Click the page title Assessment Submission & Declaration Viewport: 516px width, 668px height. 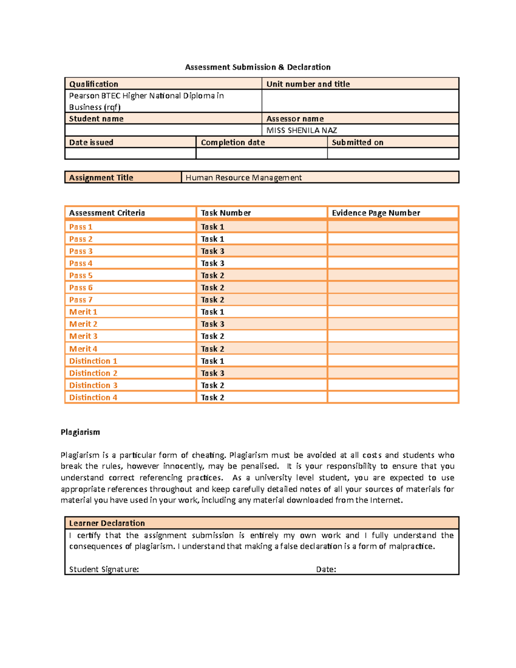click(x=258, y=67)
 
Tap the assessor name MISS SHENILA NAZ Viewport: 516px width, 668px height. click(x=301, y=130)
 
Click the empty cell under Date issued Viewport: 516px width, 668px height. click(x=130, y=154)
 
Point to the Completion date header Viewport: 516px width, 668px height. click(x=233, y=142)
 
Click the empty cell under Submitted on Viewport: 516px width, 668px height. click(x=393, y=154)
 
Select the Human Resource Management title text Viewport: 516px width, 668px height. click(x=243, y=178)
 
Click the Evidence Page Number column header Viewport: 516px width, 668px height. click(x=376, y=213)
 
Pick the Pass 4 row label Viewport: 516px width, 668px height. click(x=81, y=263)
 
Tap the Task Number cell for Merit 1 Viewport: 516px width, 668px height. click(x=212, y=312)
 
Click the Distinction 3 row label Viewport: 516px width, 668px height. click(x=93, y=385)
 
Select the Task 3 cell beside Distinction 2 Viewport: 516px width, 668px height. click(x=212, y=373)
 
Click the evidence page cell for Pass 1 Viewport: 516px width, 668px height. click(x=393, y=227)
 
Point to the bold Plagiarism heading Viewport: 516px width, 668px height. click(x=80, y=432)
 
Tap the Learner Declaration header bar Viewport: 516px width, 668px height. click(x=107, y=523)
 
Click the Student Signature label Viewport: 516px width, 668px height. click(x=104, y=569)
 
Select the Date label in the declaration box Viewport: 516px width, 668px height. click(x=326, y=569)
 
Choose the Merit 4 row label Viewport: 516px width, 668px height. click(x=83, y=349)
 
